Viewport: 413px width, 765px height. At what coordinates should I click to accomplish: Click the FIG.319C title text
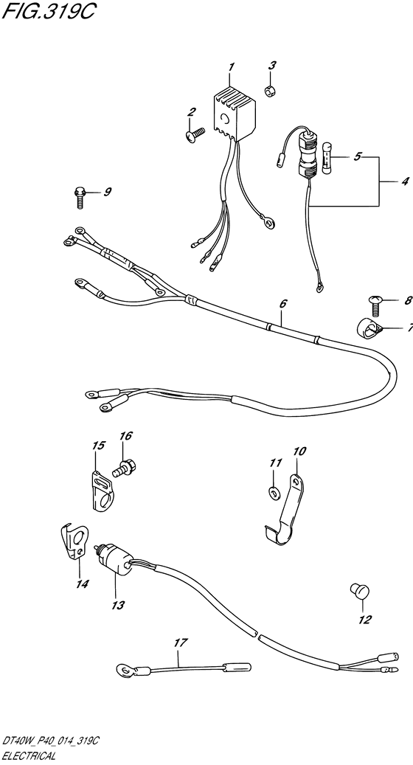point(46,12)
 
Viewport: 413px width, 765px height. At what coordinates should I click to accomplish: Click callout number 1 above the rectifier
point(232,66)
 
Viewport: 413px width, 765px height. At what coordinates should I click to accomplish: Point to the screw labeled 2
point(195,134)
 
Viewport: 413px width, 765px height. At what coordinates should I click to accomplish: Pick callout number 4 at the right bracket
point(405,182)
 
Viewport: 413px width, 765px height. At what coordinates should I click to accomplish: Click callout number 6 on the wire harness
point(283,303)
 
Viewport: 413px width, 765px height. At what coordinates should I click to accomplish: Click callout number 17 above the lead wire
point(181,643)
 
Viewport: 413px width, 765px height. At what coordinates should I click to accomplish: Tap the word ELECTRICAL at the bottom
point(29,757)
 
